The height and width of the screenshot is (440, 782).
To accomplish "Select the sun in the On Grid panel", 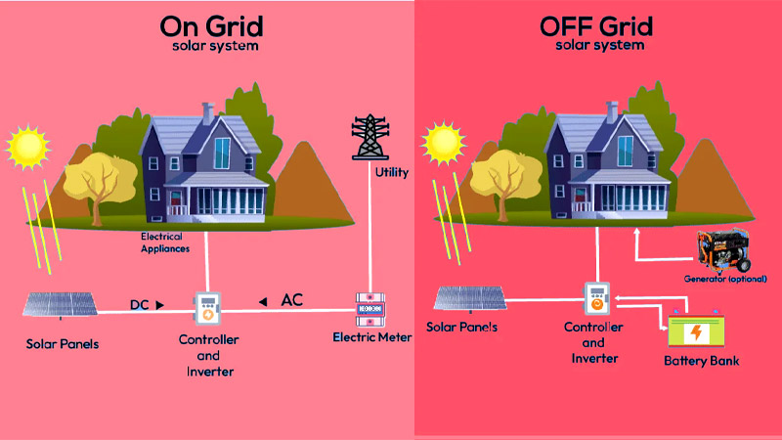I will pos(26,147).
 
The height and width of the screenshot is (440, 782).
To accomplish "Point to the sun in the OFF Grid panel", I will pos(442,144).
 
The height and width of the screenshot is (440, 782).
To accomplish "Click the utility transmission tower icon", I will pos(369,137).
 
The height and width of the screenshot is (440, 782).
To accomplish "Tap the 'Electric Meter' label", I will pos(372,338).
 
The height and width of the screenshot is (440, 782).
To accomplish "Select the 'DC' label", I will pos(141,304).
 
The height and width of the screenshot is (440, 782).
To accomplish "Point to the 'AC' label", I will pos(291,299).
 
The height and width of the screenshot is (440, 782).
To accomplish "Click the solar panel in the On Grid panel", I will pos(60,304).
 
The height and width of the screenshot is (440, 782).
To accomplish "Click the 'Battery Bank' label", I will pos(701,362).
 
